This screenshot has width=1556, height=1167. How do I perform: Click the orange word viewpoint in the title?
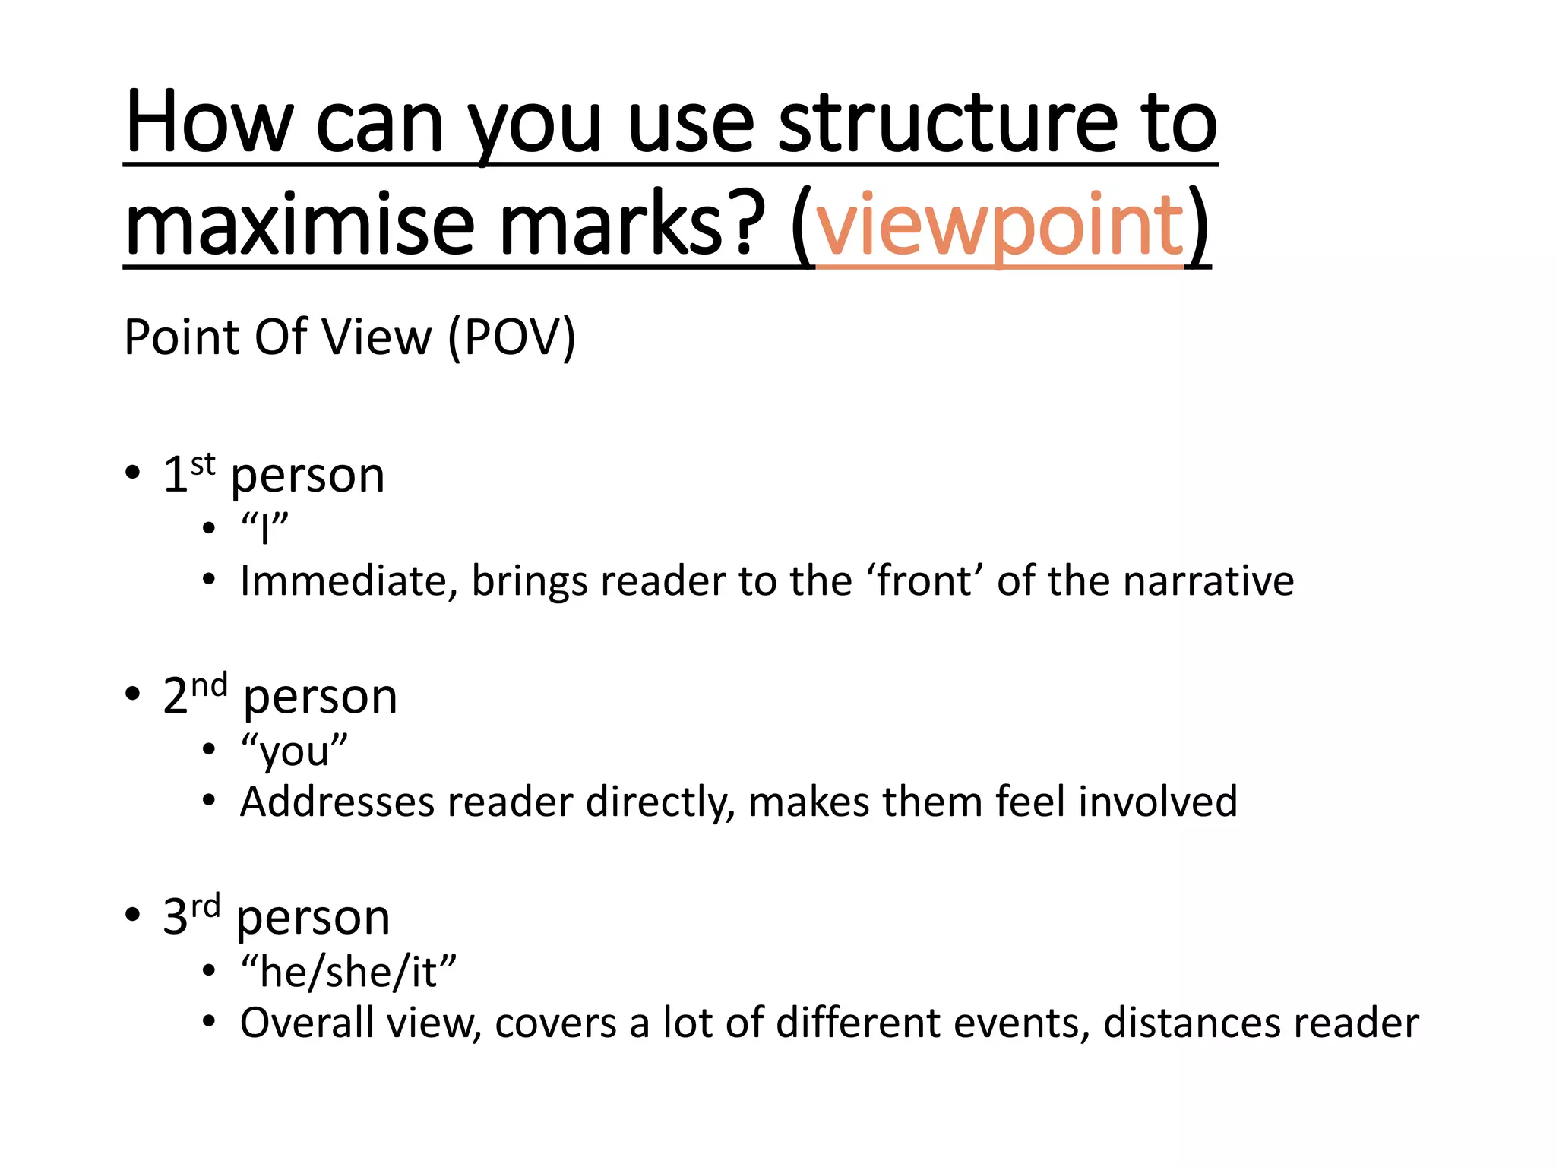click(x=999, y=226)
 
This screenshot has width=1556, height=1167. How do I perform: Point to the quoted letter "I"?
click(x=264, y=527)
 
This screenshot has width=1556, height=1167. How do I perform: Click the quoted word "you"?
click(x=294, y=751)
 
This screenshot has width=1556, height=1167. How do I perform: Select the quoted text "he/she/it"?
click(x=349, y=972)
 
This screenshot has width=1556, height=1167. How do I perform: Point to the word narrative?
click(x=1208, y=581)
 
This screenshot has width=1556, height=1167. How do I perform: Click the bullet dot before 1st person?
click(x=133, y=473)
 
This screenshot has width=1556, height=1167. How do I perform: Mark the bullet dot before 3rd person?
click(x=133, y=914)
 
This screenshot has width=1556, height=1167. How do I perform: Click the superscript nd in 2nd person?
click(x=209, y=685)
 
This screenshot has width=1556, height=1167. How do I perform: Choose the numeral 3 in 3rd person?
click(x=176, y=916)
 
